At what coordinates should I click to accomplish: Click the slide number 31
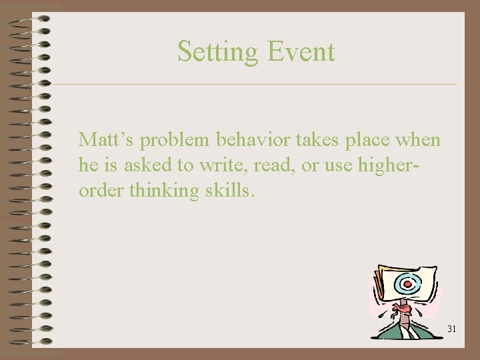[451, 329]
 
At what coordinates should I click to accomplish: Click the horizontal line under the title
[253, 85]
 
